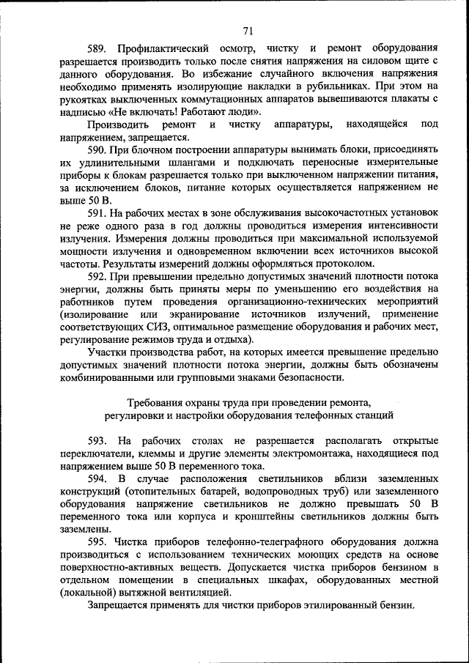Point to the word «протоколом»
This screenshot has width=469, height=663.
(347, 264)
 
